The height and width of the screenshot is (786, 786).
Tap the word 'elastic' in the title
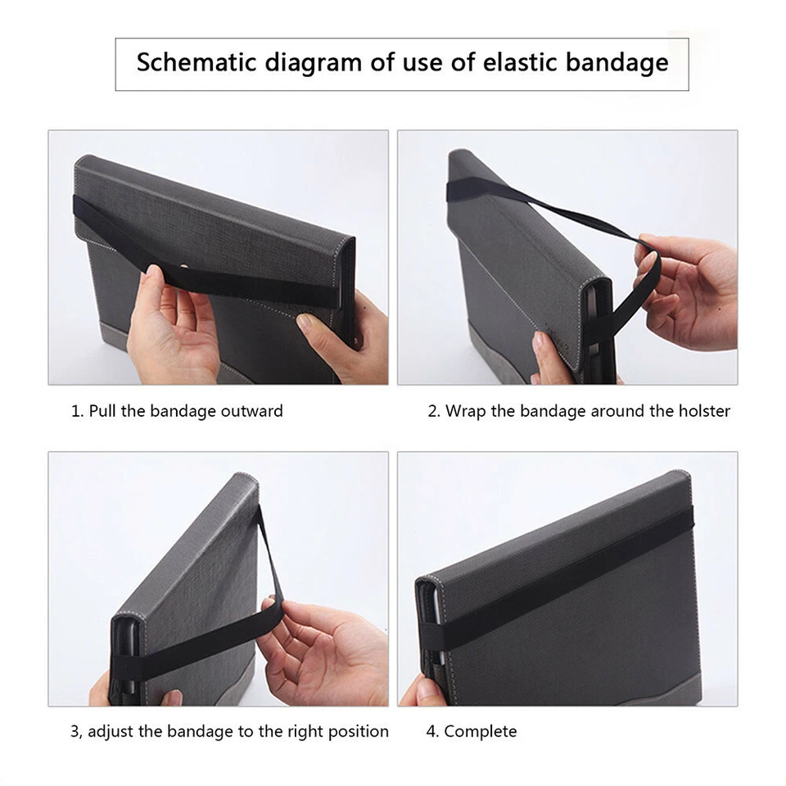491,64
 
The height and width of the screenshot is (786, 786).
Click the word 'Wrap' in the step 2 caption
465,411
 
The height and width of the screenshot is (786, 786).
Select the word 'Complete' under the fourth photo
480,731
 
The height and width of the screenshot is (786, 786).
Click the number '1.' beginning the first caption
77,411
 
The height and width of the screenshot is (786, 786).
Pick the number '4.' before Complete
432,731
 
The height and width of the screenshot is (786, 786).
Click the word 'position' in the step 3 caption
357,731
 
